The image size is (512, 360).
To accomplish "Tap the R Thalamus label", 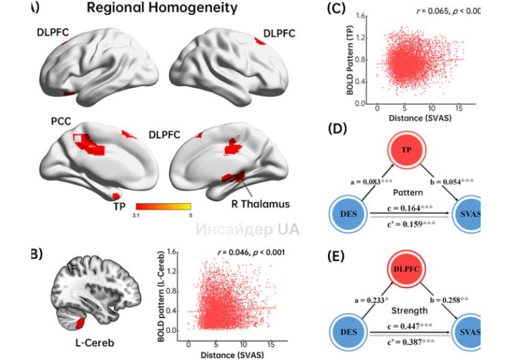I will point(259,203).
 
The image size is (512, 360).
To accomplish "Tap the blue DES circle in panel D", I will point(349,215).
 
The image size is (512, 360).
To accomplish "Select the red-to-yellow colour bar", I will point(164,205).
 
